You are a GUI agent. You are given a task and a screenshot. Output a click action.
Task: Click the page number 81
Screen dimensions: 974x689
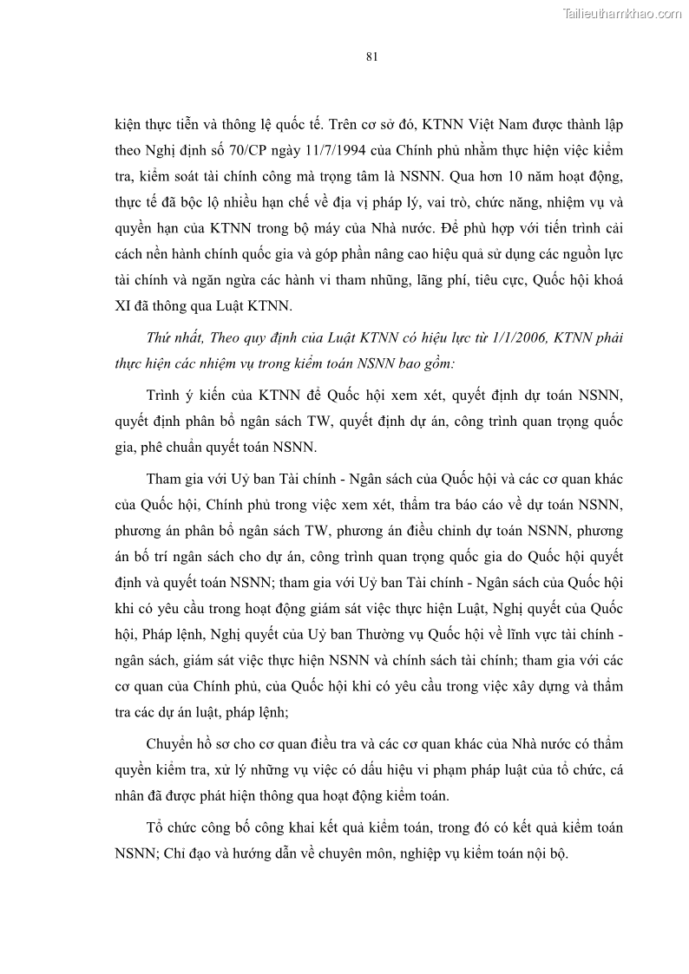point(371,57)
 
